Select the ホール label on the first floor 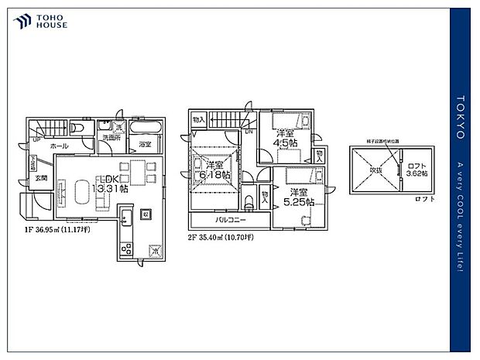(x=59, y=146)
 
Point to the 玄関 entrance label (x=40, y=178)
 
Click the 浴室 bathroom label (x=145, y=145)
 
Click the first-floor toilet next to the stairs (x=79, y=128)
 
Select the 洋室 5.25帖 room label (x=300, y=197)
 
